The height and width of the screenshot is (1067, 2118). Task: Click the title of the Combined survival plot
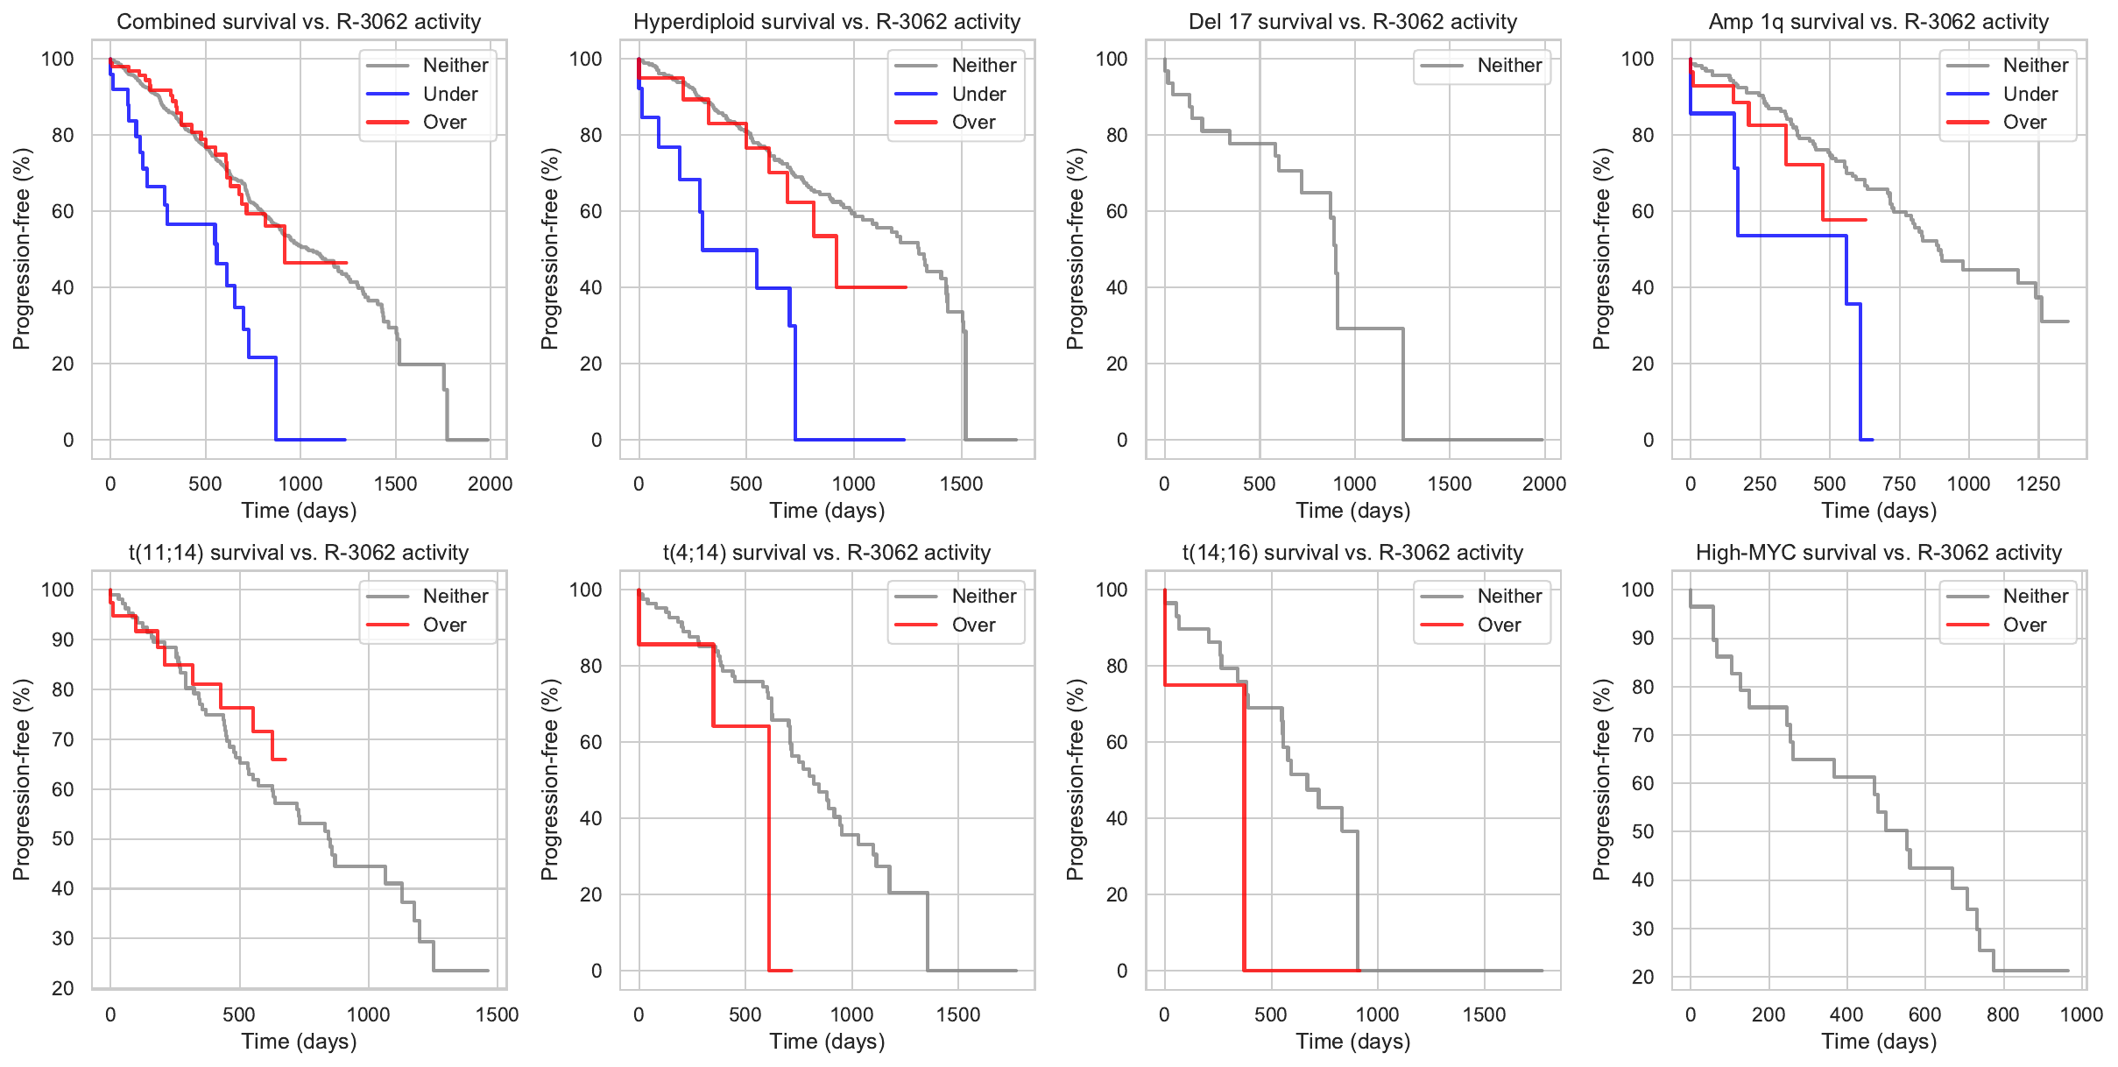click(299, 22)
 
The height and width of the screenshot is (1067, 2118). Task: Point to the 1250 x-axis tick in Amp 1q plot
click(2038, 484)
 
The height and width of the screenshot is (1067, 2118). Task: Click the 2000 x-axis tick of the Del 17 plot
click(1543, 484)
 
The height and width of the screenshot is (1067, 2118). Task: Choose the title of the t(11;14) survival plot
click(299, 553)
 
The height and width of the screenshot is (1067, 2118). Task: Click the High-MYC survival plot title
click(1879, 553)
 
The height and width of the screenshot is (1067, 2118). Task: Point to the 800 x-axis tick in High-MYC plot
click(2003, 1014)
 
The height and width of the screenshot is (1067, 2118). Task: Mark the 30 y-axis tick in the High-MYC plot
click(1642, 929)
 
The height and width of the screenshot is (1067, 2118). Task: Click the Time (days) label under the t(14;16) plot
click(1353, 1041)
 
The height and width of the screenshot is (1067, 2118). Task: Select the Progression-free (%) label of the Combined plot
click(22, 249)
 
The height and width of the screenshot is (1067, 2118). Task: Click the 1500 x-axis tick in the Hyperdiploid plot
click(962, 484)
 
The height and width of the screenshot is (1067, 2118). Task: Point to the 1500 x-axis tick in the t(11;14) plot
click(497, 1014)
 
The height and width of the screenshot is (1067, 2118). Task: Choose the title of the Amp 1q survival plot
click(1879, 22)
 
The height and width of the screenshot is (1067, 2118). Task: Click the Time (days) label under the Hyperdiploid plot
click(827, 510)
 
